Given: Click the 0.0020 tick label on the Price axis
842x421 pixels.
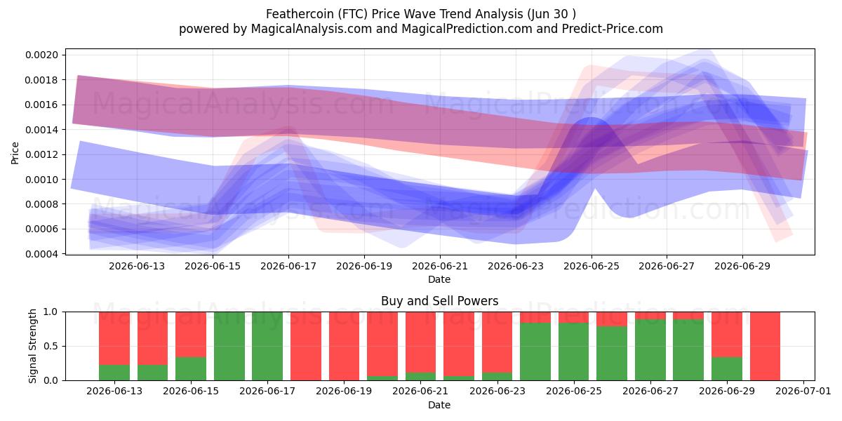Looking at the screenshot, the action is pyautogui.click(x=41, y=55).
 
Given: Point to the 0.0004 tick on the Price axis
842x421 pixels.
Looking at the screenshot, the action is pyautogui.click(x=41, y=254).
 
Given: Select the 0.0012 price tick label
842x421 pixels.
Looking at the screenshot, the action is pyautogui.click(x=41, y=154).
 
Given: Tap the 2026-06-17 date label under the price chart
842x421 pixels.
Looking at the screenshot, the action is pyautogui.click(x=288, y=266).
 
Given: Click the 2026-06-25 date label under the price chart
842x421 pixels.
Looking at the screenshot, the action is pyautogui.click(x=592, y=266).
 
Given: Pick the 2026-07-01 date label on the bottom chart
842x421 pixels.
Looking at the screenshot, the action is pyautogui.click(x=803, y=391).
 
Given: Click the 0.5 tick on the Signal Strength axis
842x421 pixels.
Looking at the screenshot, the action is pyautogui.click(x=51, y=346).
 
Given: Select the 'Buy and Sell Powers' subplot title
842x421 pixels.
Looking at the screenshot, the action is pyautogui.click(x=439, y=301).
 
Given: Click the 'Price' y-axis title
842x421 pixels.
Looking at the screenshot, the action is pyautogui.click(x=15, y=153).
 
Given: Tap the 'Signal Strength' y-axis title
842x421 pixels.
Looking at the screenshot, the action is pyautogui.click(x=32, y=346).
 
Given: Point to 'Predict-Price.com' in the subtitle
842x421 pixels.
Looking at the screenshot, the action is pyautogui.click(x=613, y=29).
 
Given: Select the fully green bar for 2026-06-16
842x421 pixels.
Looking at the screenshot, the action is pyautogui.click(x=229, y=346).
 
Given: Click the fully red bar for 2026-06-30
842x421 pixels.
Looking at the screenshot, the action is pyautogui.click(x=765, y=346).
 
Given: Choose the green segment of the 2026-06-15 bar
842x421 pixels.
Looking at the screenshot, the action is pyautogui.click(x=191, y=368).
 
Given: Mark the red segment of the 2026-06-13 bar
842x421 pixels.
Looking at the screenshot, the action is pyautogui.click(x=114, y=338).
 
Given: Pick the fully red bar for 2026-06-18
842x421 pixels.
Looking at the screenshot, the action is pyautogui.click(x=306, y=346).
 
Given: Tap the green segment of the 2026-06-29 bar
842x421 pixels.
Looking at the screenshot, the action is pyautogui.click(x=727, y=368).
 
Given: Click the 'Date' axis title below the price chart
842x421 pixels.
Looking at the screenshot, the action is pyautogui.click(x=439, y=279).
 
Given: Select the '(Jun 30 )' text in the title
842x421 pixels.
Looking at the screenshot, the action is pyautogui.click(x=551, y=14).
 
